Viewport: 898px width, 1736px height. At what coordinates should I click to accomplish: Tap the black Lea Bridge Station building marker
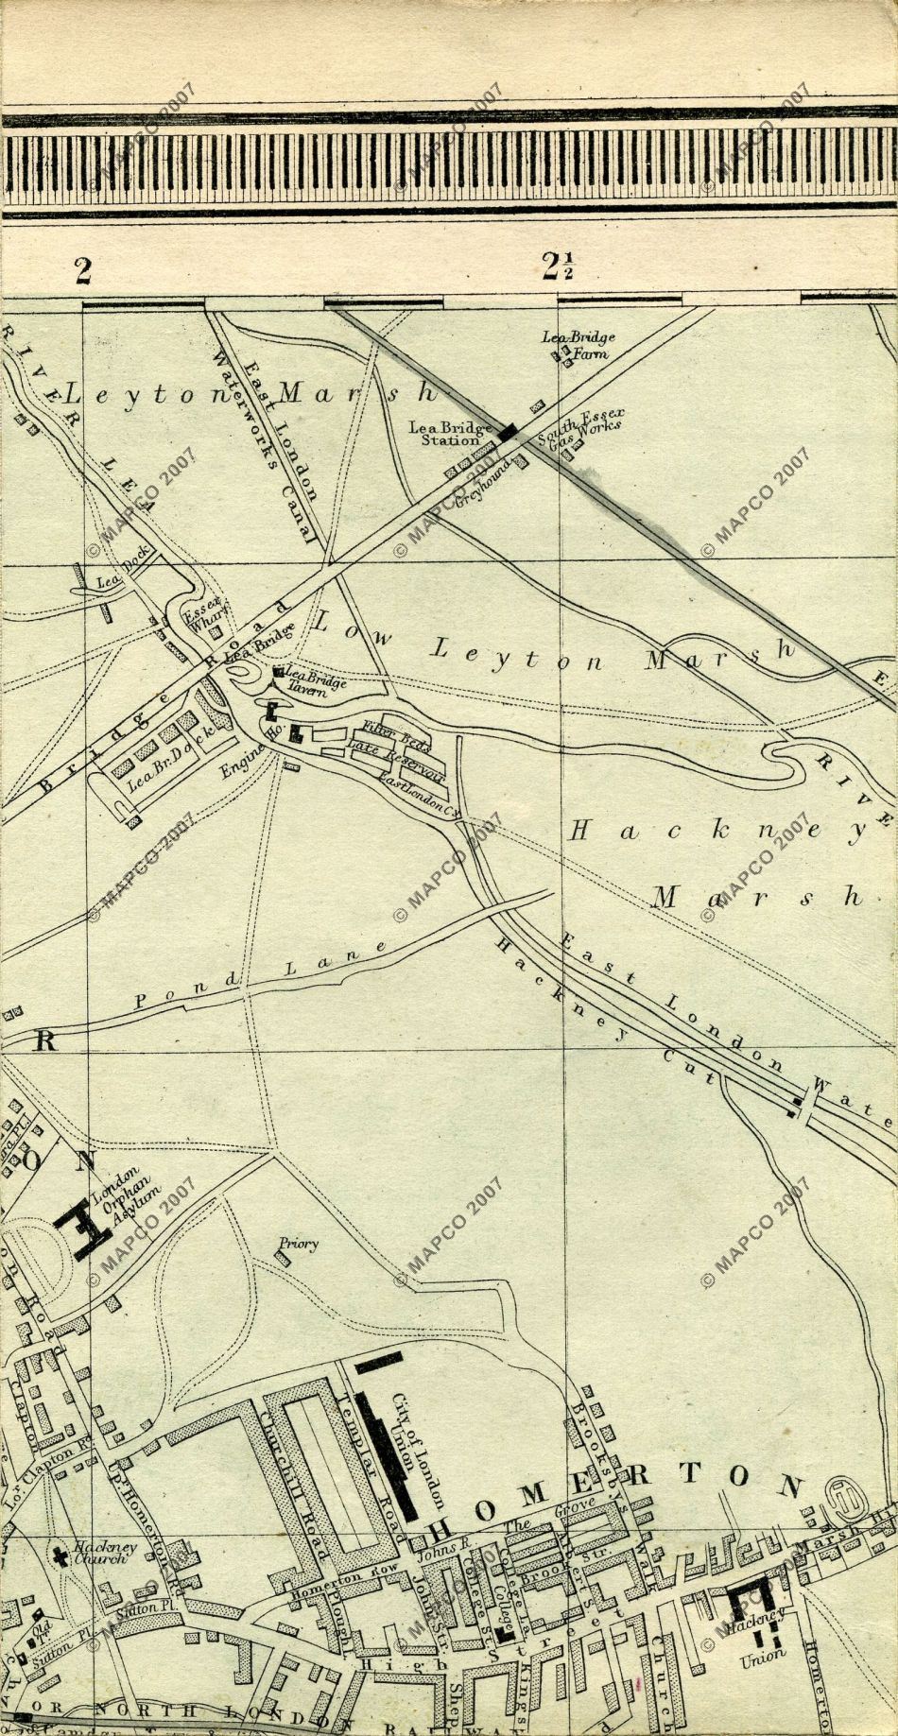click(509, 432)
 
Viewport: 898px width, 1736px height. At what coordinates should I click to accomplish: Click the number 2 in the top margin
click(84, 271)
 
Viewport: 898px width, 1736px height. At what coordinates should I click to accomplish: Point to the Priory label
click(298, 1245)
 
